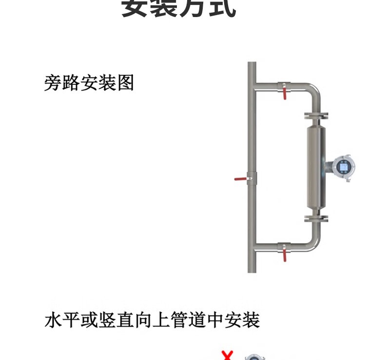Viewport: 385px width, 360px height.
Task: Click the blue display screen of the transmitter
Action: point(344,167)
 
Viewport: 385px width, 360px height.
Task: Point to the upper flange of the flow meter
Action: point(316,115)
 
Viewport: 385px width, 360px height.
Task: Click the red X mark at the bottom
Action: point(227,355)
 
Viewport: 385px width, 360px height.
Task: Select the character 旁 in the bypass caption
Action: point(53,83)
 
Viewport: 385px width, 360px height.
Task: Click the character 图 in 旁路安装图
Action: point(125,83)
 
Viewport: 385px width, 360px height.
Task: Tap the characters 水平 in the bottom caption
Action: point(62,321)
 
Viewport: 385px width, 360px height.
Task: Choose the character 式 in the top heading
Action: point(222,9)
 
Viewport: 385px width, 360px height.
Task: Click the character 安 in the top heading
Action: point(135,9)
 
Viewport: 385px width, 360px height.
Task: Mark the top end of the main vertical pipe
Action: point(251,65)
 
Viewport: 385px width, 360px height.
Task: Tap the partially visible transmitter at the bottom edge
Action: point(251,357)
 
